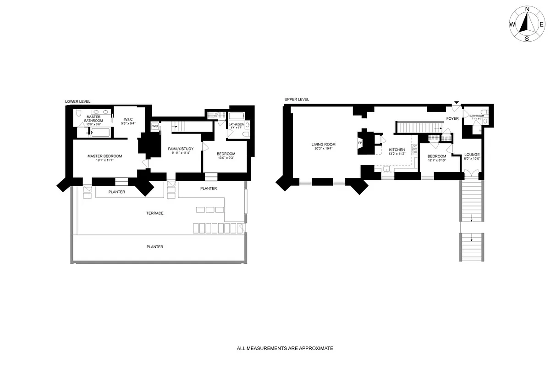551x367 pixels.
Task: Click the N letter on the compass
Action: pyautogui.click(x=527, y=9)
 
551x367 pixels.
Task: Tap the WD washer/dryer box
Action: pyautogui.click(x=155, y=126)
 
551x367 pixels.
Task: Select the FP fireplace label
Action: pyautogui.click(x=360, y=142)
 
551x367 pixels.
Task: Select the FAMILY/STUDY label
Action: pyautogui.click(x=180, y=149)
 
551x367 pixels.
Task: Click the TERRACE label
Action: pyautogui.click(x=155, y=213)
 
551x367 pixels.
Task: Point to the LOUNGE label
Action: pyautogui.click(x=472, y=155)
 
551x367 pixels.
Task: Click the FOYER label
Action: pyautogui.click(x=452, y=119)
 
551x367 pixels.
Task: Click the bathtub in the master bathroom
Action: pyautogui.click(x=100, y=133)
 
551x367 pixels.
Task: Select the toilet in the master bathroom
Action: pyautogui.click(x=78, y=113)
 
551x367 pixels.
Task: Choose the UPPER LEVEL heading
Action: pyautogui.click(x=297, y=99)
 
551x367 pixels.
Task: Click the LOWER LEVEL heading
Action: pyautogui.click(x=77, y=101)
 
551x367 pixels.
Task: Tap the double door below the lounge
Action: pyautogui.click(x=472, y=175)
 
